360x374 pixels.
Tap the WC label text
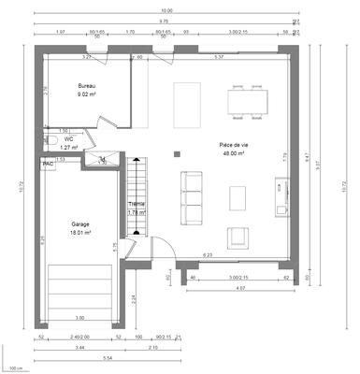click(x=68, y=137)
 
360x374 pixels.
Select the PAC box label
click(x=48, y=163)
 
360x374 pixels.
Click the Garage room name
click(x=80, y=224)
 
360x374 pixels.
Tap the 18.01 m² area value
click(x=80, y=233)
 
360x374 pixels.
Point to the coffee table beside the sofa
click(x=238, y=195)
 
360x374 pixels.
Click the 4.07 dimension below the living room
click(x=240, y=288)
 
